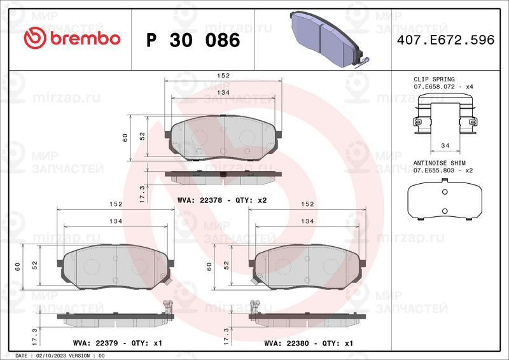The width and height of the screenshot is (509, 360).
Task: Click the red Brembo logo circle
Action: coord(35,38)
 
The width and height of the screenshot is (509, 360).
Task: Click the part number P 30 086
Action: coord(193,40)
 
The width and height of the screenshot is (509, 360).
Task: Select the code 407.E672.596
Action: coord(446,40)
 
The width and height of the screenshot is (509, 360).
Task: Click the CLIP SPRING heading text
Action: coord(434,80)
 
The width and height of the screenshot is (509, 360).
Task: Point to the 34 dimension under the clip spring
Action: coord(445,146)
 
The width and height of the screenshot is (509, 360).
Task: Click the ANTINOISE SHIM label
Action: coord(439,163)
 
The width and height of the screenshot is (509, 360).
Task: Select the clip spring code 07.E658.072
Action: coord(434,87)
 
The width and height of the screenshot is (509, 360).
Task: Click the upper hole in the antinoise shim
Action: coord(445,192)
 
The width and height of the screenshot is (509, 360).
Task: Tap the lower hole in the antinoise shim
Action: coord(445,211)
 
